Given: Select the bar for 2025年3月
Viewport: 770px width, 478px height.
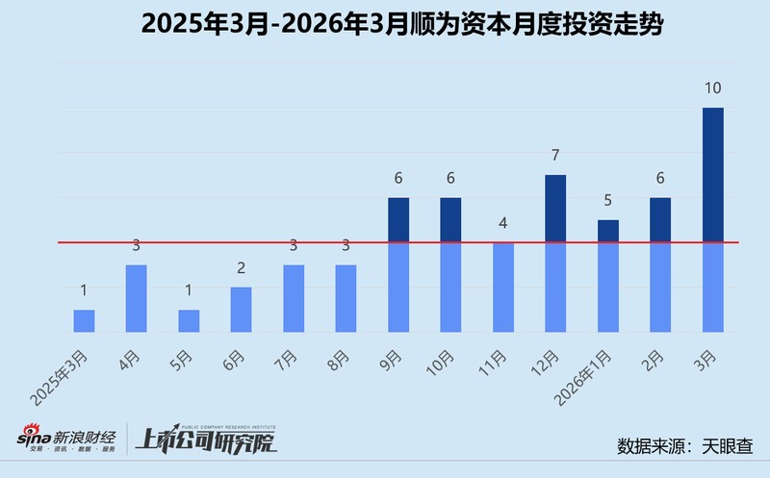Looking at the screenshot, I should point(84,321).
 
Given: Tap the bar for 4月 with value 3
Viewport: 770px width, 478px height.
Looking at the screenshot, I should point(136,298).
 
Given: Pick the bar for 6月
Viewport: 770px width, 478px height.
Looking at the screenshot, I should point(241,310).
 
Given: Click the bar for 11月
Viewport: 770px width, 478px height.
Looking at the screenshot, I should point(503,287).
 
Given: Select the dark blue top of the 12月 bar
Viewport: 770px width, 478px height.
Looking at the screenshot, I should point(555,208).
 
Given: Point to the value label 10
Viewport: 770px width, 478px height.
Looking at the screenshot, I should point(712,88).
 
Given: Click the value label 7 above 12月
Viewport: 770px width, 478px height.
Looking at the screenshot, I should point(555,156).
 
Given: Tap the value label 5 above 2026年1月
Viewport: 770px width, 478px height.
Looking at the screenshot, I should point(608,201).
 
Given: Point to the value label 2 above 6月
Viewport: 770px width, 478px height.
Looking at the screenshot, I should point(241,268).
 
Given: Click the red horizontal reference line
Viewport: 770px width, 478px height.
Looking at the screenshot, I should point(289,242).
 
